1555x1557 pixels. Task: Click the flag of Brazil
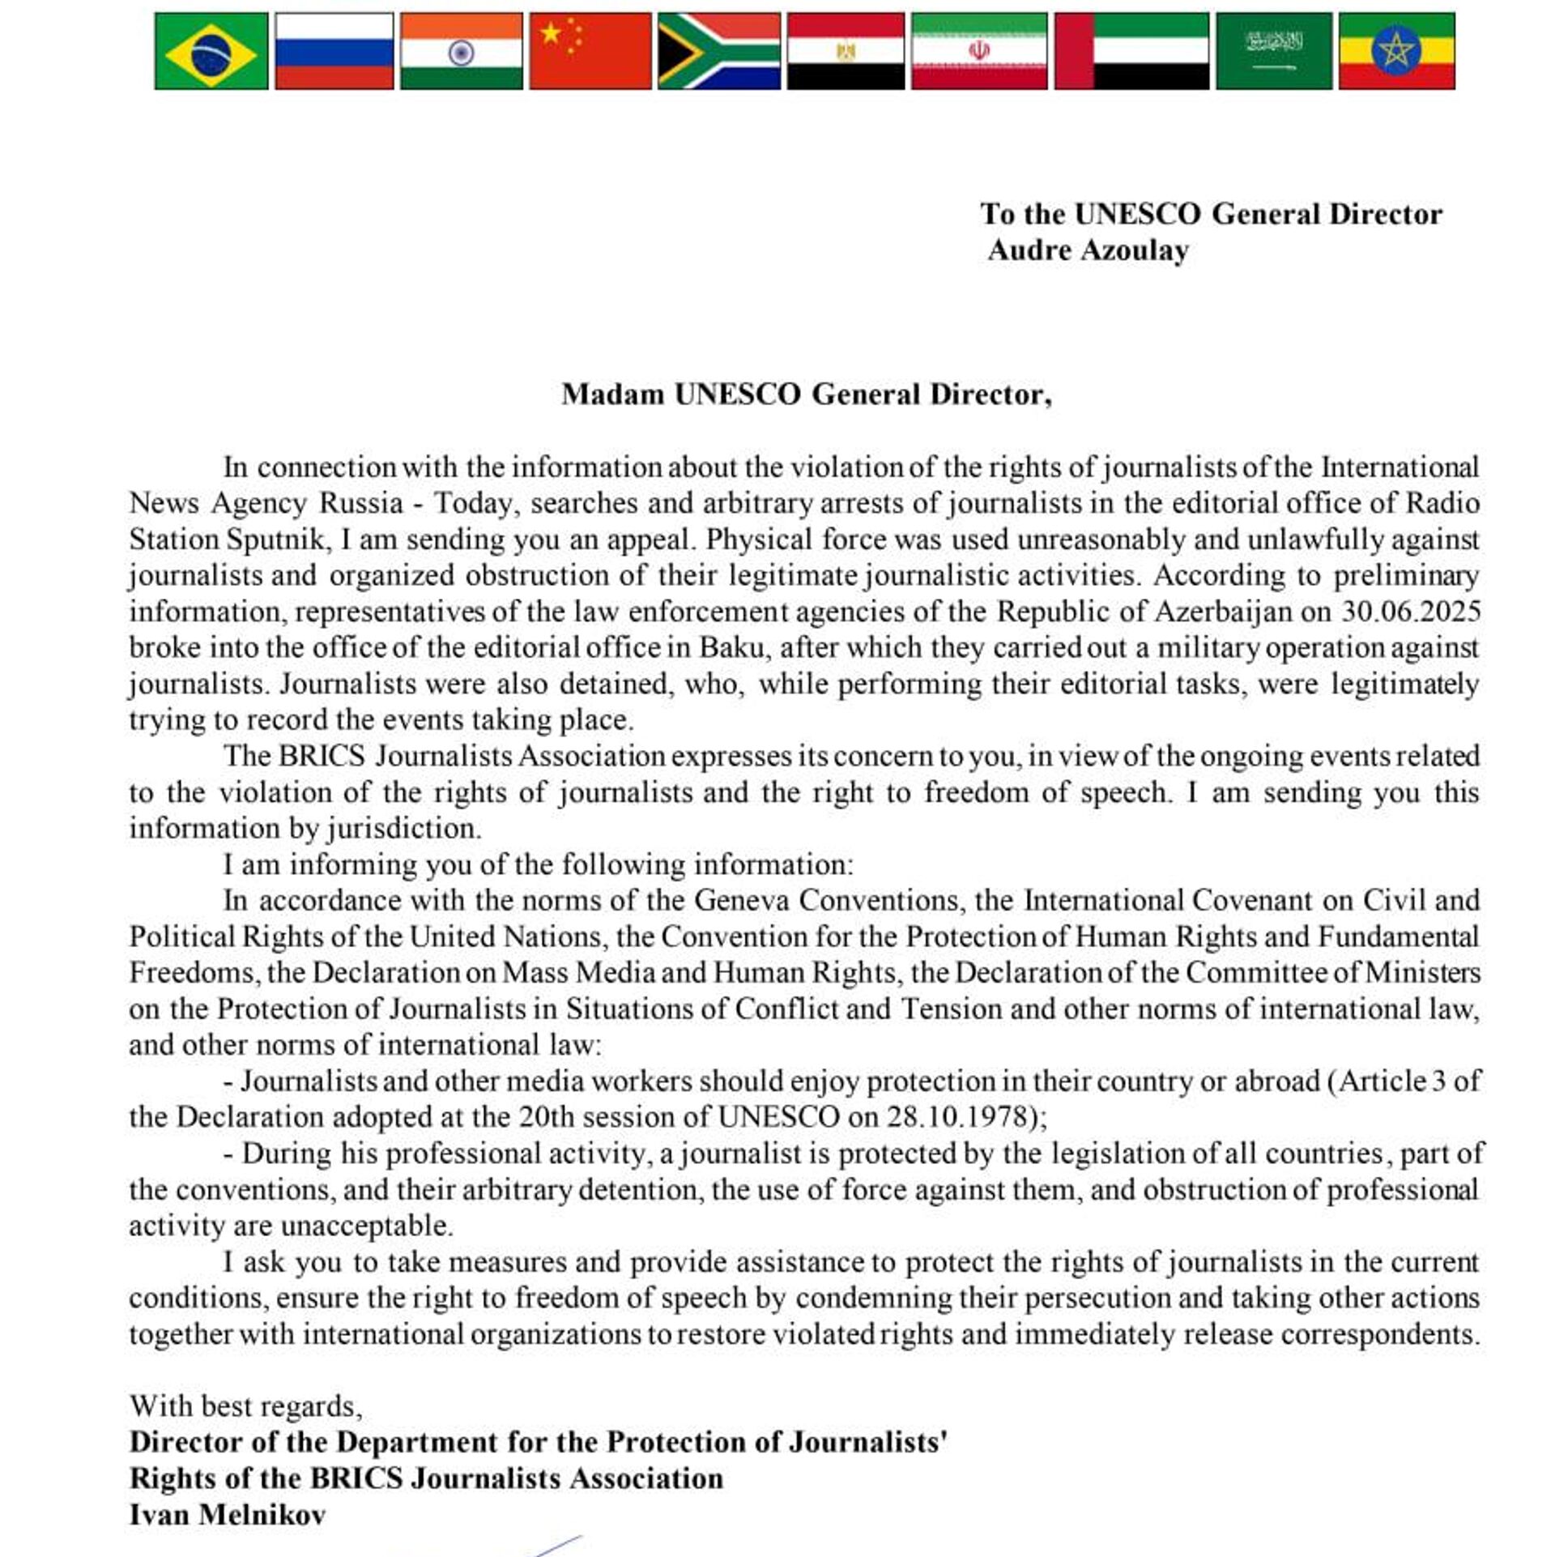tap(211, 51)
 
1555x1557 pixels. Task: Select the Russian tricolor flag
tap(334, 51)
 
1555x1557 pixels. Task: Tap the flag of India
tap(461, 51)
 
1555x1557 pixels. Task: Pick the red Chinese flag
tap(590, 51)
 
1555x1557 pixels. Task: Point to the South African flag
tap(718, 51)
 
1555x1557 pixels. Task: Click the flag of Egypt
tap(846, 51)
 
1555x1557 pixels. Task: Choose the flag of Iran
tap(978, 51)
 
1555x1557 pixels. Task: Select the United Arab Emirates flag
tap(1131, 51)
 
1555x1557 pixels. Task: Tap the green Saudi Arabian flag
tap(1273, 51)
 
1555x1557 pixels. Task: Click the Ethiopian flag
tap(1396, 51)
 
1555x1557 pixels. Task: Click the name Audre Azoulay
tap(1088, 250)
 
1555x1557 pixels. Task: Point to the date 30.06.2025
tap(1410, 612)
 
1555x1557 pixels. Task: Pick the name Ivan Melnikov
tap(228, 1514)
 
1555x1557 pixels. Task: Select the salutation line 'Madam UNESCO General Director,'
tap(807, 395)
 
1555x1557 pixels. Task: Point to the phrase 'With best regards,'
tap(246, 1406)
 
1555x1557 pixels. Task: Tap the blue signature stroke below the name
tap(559, 1544)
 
